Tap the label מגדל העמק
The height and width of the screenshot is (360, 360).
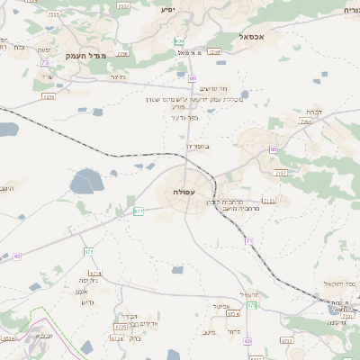tap(86, 56)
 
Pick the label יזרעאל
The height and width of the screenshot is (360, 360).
tap(250, 295)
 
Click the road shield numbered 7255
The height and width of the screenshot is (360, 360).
tap(49, 95)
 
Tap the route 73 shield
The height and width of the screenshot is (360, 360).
tap(45, 63)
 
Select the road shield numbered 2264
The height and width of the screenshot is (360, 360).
tap(306, 121)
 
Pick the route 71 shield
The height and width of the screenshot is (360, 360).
tap(248, 240)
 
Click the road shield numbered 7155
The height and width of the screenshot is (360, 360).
tap(270, 201)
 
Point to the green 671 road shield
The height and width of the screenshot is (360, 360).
tap(139, 211)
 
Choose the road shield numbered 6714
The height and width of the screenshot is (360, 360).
tap(95, 273)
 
